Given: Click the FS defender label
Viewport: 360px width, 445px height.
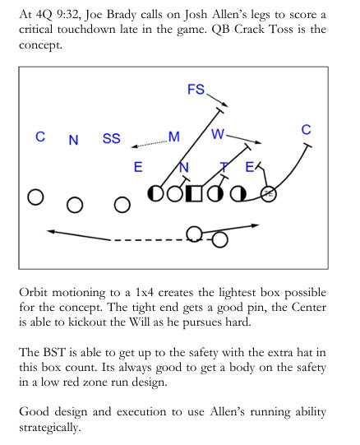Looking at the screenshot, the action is [196, 89].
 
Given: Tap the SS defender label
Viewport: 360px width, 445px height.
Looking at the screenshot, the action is [112, 138].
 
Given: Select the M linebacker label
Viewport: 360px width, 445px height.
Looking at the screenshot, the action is [174, 137].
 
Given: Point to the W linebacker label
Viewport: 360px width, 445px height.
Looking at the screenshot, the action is [218, 134].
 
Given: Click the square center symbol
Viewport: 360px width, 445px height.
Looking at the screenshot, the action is [194, 194].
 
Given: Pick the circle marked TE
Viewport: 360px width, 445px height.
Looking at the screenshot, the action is [269, 194].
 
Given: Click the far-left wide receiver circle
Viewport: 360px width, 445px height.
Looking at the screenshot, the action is [35, 197].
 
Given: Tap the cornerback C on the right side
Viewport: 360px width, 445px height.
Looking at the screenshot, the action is [306, 130].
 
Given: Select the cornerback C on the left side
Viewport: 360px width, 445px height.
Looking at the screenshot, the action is [40, 137].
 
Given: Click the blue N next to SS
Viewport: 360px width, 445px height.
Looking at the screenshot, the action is [73, 140].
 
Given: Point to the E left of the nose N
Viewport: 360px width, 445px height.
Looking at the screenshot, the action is [138, 167].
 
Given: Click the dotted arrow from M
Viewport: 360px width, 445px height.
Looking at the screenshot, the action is [150, 144].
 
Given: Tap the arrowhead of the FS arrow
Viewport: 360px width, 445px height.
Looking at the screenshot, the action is [225, 104].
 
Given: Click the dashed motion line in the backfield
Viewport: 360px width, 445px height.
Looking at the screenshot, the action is [150, 240].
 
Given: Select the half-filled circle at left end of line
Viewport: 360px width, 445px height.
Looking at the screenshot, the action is [155, 193].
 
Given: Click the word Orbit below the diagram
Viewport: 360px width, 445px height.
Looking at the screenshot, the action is [33, 292].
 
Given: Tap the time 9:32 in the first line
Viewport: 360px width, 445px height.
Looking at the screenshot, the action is [67, 14].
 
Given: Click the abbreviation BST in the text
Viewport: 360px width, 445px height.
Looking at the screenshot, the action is [54, 352].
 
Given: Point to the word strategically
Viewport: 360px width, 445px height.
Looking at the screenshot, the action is [50, 427].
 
